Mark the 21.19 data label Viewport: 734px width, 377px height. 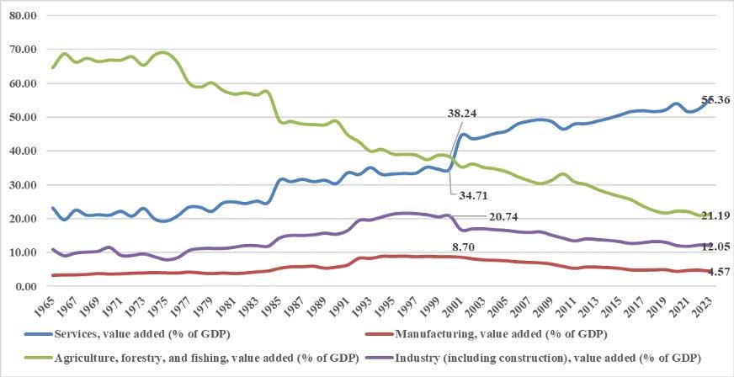(715, 216)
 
